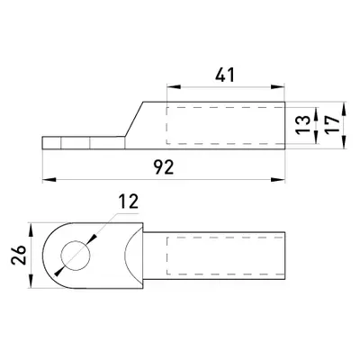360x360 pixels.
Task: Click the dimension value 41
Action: [225, 75]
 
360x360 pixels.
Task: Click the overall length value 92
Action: [164, 167]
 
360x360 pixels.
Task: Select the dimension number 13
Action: [304, 124]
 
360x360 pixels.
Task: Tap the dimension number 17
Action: [332, 124]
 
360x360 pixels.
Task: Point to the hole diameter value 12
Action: [129, 202]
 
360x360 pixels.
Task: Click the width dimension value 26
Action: [18, 256]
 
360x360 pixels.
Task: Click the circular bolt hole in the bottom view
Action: [76, 256]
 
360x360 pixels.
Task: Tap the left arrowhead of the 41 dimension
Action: [174, 87]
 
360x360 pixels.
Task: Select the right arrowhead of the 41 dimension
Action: [278, 87]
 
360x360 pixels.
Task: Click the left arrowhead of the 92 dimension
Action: [49, 180]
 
